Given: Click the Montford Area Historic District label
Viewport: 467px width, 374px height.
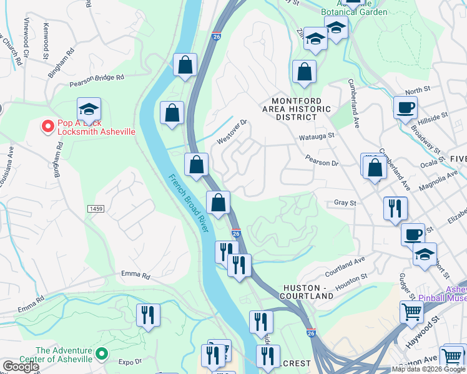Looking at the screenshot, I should point(297,109).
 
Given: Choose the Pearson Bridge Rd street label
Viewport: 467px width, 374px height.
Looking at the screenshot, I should point(97,80).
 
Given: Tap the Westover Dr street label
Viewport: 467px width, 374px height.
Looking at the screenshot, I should point(232,132).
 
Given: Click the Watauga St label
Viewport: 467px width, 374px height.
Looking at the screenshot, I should point(319,135).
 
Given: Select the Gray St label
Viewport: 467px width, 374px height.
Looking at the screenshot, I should point(345,203).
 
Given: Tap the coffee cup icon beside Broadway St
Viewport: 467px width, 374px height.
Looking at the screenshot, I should point(405,107).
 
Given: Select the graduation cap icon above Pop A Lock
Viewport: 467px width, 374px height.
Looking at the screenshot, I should point(89,109).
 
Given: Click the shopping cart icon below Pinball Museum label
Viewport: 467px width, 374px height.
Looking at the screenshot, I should point(412,312).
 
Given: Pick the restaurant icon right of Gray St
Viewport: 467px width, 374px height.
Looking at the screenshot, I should point(395,208).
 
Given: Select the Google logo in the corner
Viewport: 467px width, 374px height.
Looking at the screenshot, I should point(20,367).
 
